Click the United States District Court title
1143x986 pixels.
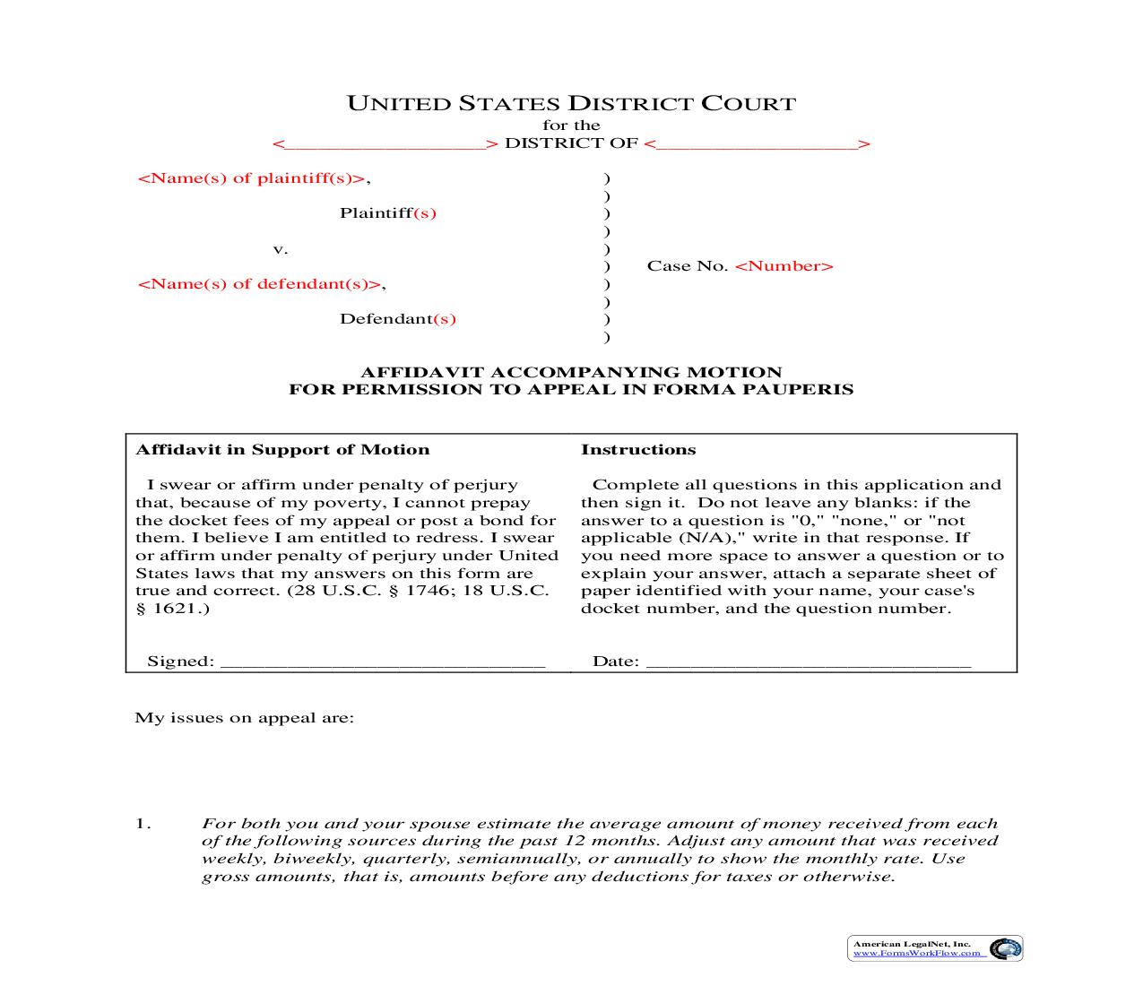[x=571, y=103]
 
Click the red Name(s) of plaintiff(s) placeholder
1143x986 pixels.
[x=251, y=177]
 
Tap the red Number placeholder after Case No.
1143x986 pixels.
[x=784, y=266]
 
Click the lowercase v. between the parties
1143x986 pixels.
[x=280, y=249]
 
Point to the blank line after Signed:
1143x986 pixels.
[x=382, y=662]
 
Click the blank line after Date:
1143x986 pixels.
[x=808, y=662]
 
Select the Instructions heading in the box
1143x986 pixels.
[x=637, y=450]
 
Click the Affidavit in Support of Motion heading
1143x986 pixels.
[x=281, y=450]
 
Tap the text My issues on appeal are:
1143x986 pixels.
[x=244, y=718]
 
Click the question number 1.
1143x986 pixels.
[x=143, y=824]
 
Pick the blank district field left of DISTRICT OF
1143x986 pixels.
[x=385, y=143]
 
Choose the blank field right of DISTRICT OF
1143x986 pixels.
[x=758, y=143]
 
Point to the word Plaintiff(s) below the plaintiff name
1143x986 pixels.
[x=387, y=213]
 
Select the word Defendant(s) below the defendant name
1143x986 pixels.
[x=397, y=319]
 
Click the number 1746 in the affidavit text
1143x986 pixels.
[x=424, y=591]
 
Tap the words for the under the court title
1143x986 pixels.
[x=571, y=125]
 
